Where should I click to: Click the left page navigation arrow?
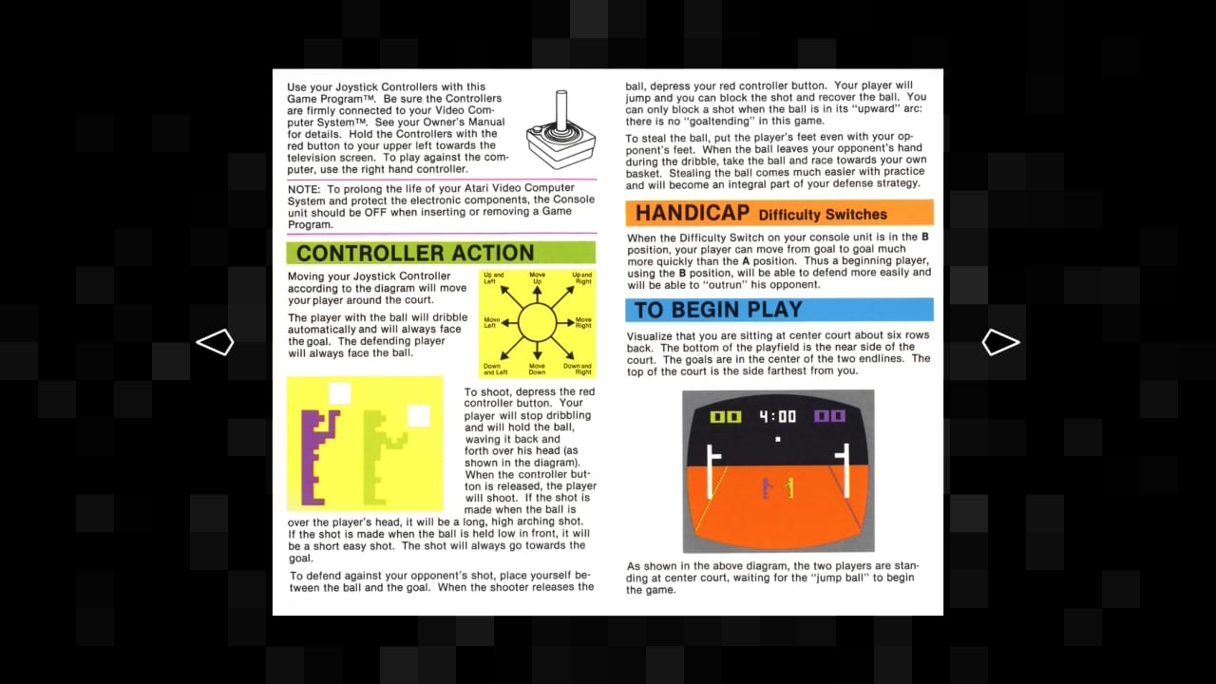click(x=215, y=342)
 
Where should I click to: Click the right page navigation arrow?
click(x=1000, y=342)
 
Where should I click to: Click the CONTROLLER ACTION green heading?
click(x=415, y=253)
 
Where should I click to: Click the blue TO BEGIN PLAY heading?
click(x=717, y=310)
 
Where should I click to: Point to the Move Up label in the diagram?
click(x=538, y=279)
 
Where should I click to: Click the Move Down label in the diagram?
click(x=538, y=369)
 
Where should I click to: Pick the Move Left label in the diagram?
click(x=492, y=323)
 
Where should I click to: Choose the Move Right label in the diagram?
click(x=582, y=323)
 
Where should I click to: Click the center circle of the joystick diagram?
click(x=538, y=323)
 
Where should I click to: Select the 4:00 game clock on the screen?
click(x=778, y=417)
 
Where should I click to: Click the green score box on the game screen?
click(x=726, y=417)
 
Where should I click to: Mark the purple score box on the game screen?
click(x=829, y=416)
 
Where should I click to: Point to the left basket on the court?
click(x=714, y=465)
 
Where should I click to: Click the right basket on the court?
click(x=842, y=465)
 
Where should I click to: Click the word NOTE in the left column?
click(x=305, y=189)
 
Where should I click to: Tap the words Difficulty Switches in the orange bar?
click(x=823, y=215)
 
